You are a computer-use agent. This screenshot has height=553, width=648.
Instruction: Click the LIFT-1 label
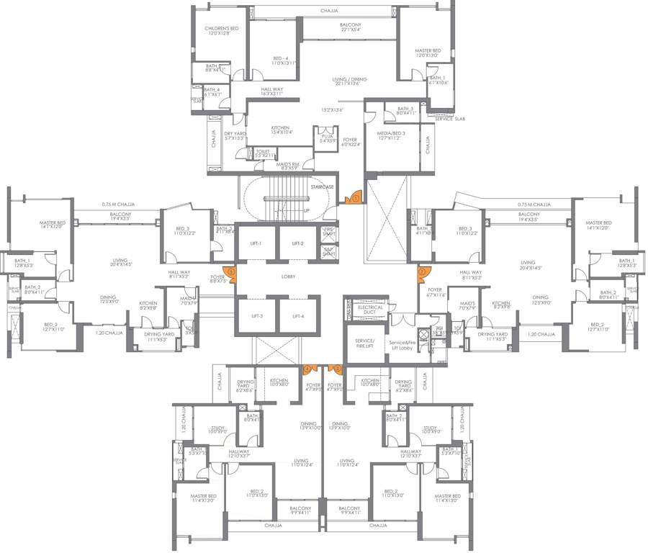click(256, 243)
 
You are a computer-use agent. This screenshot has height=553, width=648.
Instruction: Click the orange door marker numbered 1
click(354, 197)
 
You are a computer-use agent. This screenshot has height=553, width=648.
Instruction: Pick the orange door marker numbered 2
click(231, 271)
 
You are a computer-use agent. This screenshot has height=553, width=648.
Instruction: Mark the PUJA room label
click(326, 138)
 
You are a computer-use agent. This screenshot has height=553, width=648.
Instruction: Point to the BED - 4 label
click(280, 60)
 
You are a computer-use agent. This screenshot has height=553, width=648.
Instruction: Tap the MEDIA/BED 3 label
click(392, 135)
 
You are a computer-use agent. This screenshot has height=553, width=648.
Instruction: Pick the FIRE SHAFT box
click(328, 231)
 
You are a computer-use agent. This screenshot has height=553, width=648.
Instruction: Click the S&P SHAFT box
click(328, 251)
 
